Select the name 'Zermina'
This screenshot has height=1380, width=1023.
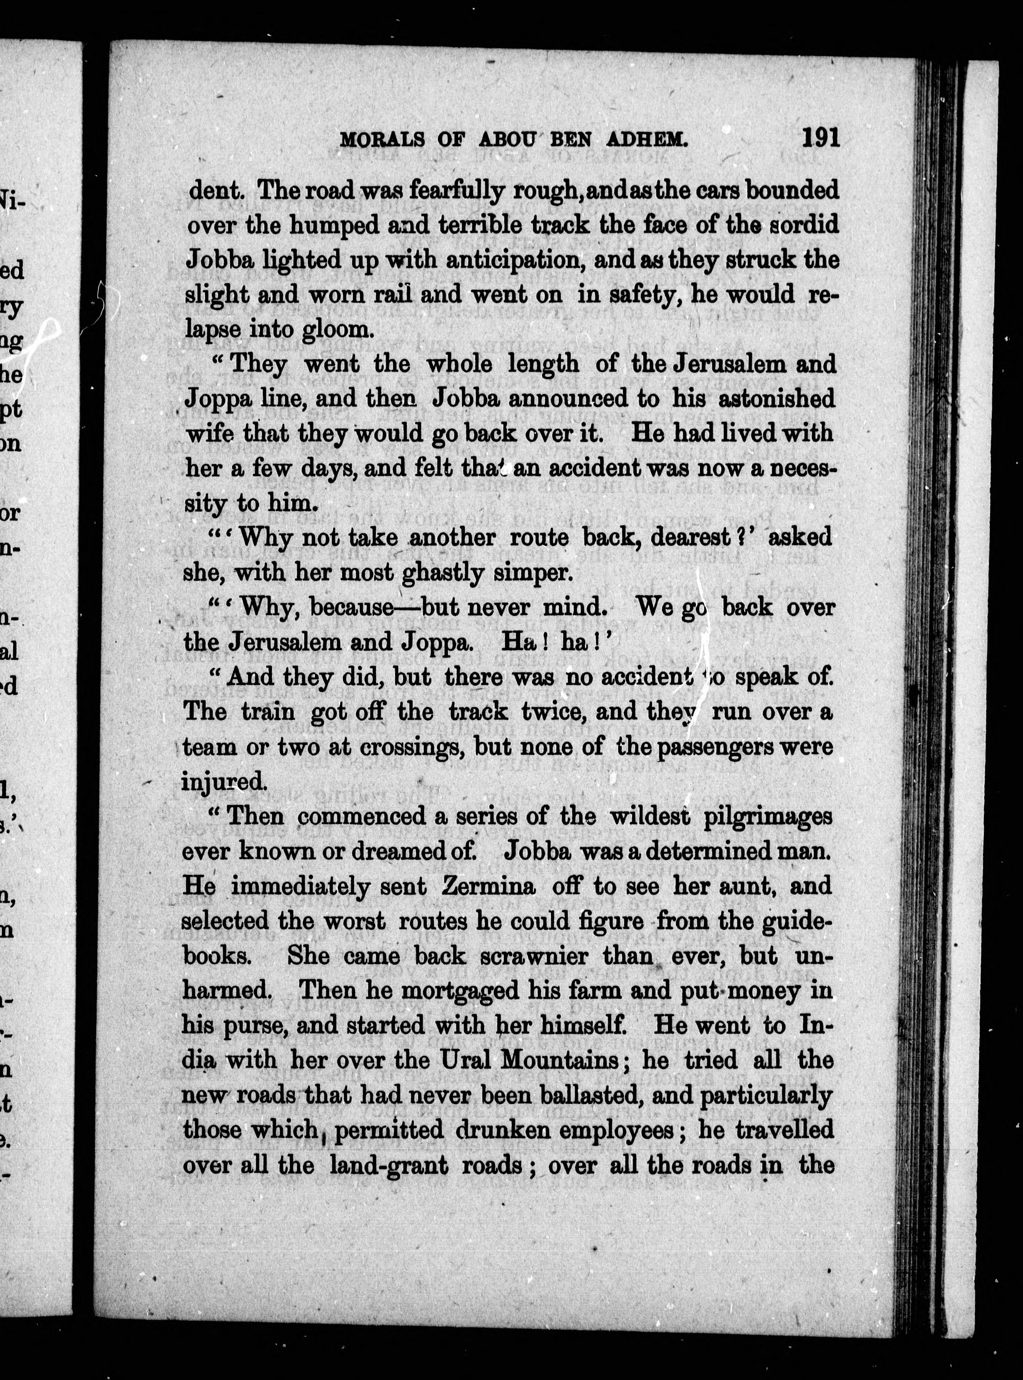click(488, 886)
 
